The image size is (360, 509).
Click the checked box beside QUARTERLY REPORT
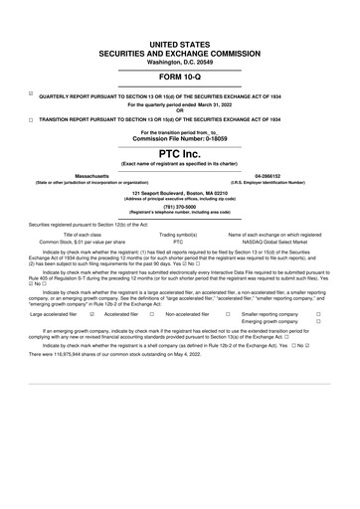tap(31, 94)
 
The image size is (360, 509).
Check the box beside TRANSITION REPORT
tap(31, 119)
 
